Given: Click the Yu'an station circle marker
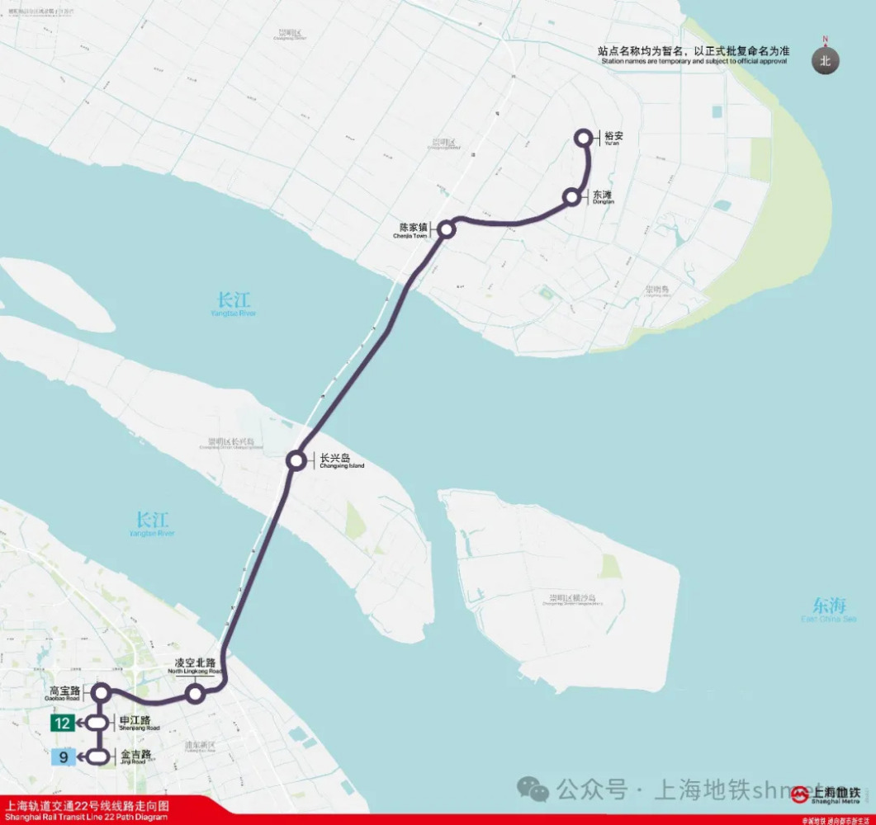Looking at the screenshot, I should coord(584,138).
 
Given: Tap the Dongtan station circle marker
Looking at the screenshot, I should coord(571,197).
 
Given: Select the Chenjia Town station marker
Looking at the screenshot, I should coord(447,229).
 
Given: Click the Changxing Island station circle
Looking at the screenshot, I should coord(296,460).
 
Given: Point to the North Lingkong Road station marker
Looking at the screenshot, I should coord(196,694).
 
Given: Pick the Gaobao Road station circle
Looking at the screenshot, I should coord(102,692).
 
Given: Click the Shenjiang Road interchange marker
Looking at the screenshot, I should coord(98,724).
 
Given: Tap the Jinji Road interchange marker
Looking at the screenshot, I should coord(98,756).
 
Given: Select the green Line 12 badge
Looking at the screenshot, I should coord(62,724).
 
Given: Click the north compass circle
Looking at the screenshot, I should coord(824,60).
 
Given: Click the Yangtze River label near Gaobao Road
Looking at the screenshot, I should coord(153,524).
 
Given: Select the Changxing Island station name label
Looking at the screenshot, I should coord(340,460).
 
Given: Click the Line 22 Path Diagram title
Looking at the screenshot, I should coord(87,809).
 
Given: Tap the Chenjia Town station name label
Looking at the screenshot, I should coord(414,229).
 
